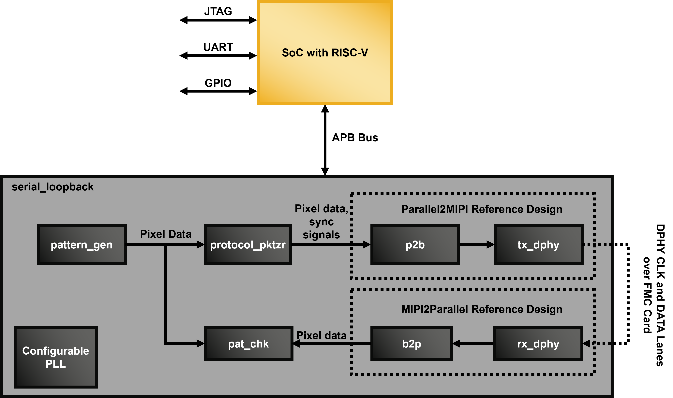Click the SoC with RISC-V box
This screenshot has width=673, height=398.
click(325, 52)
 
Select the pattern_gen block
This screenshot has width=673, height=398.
click(82, 245)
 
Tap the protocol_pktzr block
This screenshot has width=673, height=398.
click(247, 245)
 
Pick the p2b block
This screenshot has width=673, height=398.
click(415, 245)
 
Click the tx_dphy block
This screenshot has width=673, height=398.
click(538, 245)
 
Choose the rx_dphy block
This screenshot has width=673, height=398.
click(538, 344)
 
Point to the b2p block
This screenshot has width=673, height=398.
click(411, 344)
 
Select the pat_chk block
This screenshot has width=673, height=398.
click(248, 344)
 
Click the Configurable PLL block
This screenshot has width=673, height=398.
click(55, 357)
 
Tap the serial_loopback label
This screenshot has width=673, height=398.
click(52, 187)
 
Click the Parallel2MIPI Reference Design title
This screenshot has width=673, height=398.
click(482, 209)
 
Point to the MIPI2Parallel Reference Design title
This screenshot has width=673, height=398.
click(482, 309)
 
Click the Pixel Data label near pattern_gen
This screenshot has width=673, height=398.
click(166, 234)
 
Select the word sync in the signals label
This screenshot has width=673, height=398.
click(321, 222)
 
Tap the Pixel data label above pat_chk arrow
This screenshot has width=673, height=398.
click(321, 335)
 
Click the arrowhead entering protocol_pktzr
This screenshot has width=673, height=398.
click(200, 244)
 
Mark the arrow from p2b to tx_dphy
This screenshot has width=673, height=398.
click(477, 244)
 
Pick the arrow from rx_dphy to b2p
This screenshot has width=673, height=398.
click(473, 344)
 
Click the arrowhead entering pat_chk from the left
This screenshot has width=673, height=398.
click(200, 343)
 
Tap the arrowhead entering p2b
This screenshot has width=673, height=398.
click(366, 244)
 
